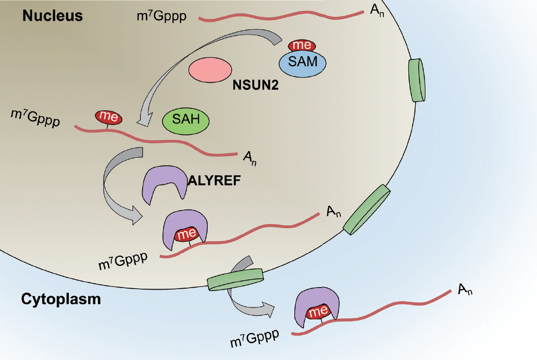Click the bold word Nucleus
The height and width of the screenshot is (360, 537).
point(53,16)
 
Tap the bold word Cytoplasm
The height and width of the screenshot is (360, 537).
point(61,300)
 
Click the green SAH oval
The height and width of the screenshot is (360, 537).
point(185,121)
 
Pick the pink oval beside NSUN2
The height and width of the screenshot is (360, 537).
point(210,70)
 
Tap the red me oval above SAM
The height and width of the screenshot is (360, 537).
point(302,45)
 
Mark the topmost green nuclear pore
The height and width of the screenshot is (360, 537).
point(417,80)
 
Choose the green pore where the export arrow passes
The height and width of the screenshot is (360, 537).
point(235,279)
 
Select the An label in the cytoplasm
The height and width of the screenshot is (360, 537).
point(466,290)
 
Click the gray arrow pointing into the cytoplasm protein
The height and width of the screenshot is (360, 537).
point(250,307)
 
